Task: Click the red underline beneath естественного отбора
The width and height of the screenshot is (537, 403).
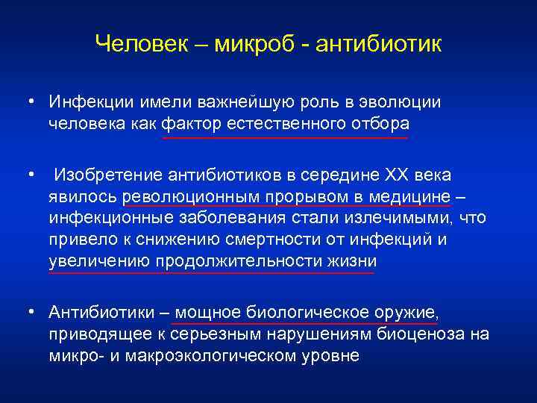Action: tap(285, 137)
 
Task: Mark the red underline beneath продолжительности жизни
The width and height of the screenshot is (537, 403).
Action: tap(212, 273)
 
